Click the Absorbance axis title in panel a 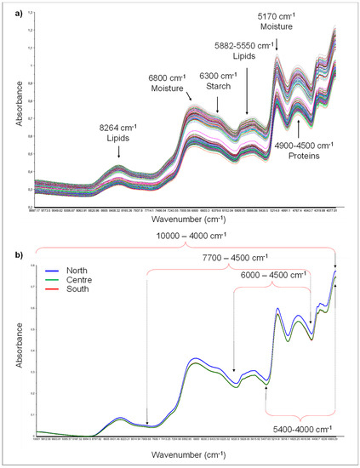coord(10,110)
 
